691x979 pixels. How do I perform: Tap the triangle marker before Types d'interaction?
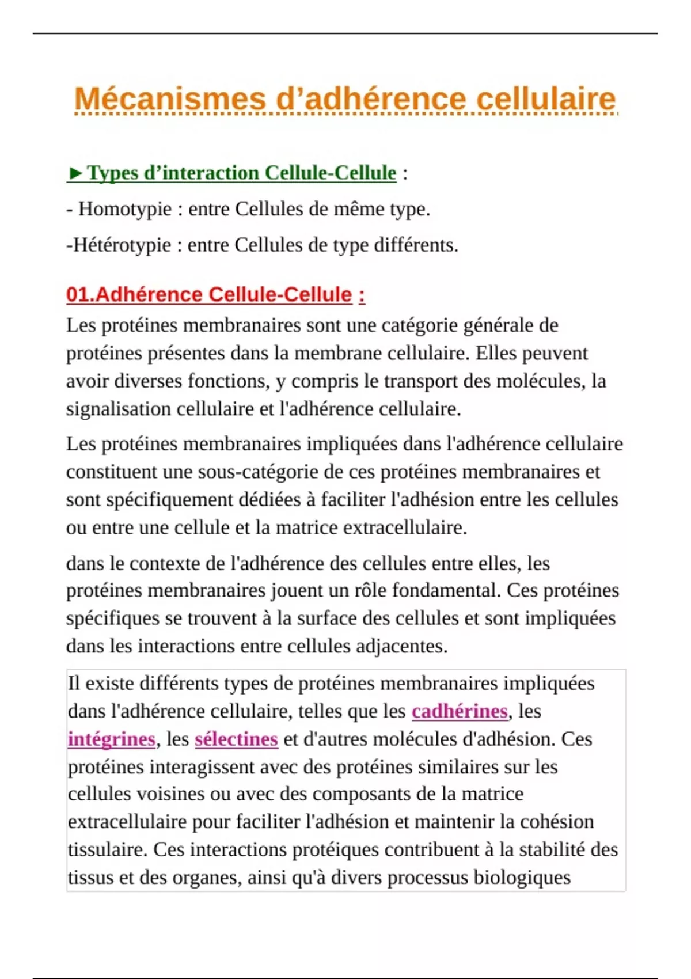(75, 173)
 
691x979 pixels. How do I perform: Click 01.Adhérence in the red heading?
(135, 295)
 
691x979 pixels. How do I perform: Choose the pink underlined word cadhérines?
(460, 711)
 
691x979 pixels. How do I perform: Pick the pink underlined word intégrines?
(111, 739)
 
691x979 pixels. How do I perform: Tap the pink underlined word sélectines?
(236, 739)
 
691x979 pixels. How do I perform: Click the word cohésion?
(557, 822)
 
